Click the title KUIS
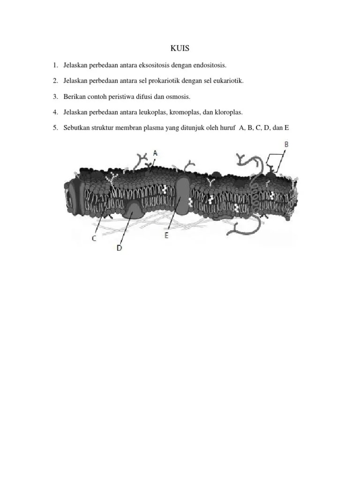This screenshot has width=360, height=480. [180, 48]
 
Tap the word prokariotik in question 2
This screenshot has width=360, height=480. [164, 81]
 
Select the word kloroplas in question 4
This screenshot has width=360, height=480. [229, 112]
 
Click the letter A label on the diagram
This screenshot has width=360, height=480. [155, 153]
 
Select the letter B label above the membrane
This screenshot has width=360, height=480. [286, 144]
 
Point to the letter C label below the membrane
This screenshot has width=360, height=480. [94, 239]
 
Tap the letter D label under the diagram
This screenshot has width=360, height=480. [119, 248]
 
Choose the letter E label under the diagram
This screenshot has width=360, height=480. [166, 235]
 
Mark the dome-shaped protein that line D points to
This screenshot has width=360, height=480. [133, 210]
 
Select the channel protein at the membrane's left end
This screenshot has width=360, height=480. [75, 196]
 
